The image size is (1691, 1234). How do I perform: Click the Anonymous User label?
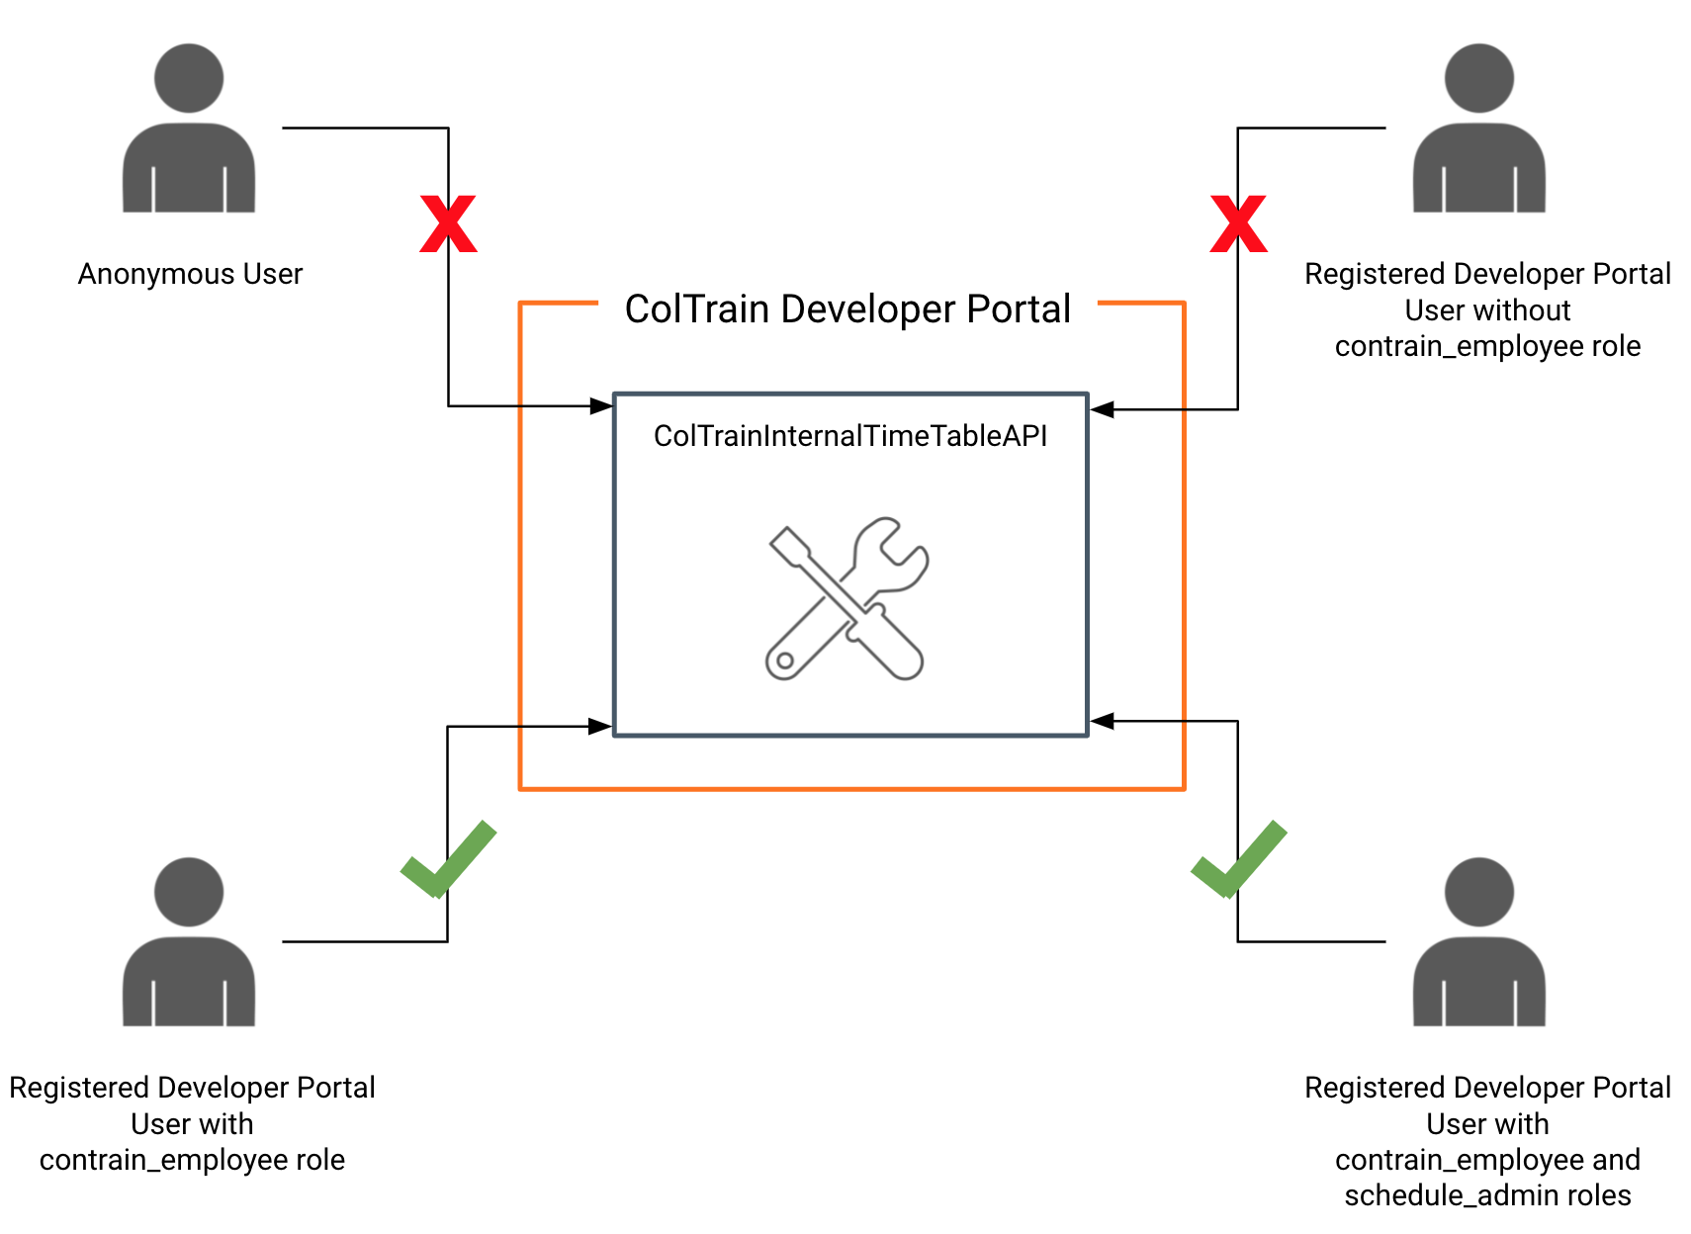pos(190,274)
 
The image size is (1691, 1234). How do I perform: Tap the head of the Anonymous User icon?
pos(189,78)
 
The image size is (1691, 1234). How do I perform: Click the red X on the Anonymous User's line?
pos(448,223)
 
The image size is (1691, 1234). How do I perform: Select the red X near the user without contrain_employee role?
pos(1238,223)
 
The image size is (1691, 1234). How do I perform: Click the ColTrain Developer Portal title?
pos(847,309)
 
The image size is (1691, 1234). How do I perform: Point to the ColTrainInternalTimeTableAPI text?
pos(850,436)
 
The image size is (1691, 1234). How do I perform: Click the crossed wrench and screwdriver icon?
pos(847,598)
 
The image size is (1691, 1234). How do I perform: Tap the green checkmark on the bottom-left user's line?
pos(448,859)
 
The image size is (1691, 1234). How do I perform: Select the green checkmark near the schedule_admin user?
pos(1238,859)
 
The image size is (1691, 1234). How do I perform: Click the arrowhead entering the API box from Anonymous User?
pos(601,405)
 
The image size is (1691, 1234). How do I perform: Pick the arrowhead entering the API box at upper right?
pos(1102,409)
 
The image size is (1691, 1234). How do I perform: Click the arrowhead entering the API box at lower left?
pos(600,727)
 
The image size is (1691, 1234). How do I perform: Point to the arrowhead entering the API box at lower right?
pos(1102,722)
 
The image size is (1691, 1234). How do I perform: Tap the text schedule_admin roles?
pos(1487,1195)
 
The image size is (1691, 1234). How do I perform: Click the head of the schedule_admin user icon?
pos(1478,892)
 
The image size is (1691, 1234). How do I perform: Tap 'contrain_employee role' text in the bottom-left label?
pos(192,1160)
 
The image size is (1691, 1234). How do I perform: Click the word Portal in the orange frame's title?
pos(1019,309)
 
